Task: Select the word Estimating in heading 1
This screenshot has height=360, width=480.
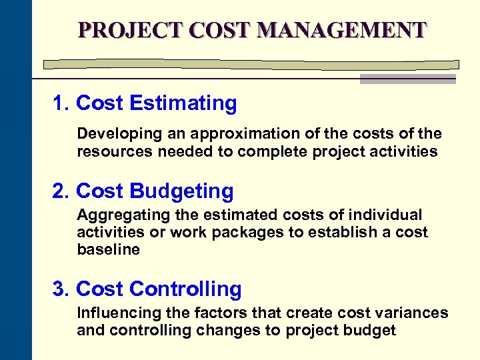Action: pos(183,103)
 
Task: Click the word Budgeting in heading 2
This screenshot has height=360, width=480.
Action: pos(182,191)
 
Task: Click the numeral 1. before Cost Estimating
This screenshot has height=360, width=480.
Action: pos(61,103)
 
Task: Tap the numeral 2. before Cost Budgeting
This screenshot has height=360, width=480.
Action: pos(61,191)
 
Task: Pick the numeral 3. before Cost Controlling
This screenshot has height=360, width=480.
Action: pos(61,289)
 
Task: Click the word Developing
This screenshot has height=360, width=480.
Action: pos(110,134)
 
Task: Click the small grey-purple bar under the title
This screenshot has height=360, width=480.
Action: pos(407,79)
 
